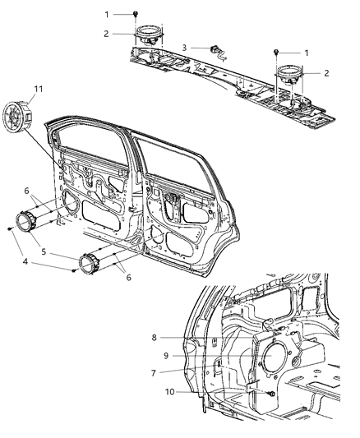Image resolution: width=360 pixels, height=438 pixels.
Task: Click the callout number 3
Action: (x=185, y=48)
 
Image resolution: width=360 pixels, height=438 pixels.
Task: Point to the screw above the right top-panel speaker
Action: (x=275, y=52)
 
